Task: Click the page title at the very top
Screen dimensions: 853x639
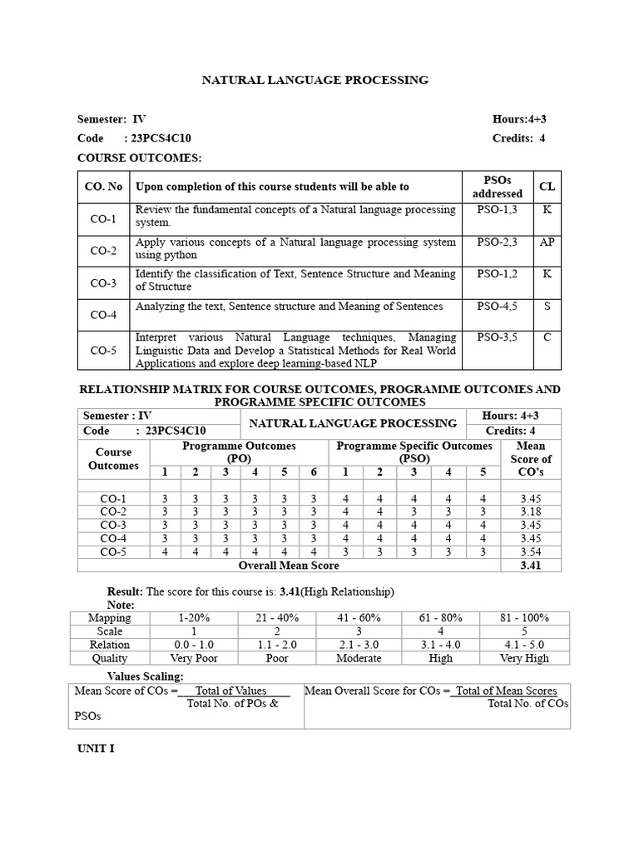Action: tap(315, 80)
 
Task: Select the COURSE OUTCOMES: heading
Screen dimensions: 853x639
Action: tap(140, 157)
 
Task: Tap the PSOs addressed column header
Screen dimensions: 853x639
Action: tap(498, 187)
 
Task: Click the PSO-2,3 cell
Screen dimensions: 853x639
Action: tap(498, 242)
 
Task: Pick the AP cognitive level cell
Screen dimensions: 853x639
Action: tap(547, 242)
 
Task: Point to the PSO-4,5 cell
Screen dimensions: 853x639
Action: tap(498, 306)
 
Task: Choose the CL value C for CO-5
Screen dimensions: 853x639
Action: tap(547, 337)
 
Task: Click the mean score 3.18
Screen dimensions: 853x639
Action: tap(531, 511)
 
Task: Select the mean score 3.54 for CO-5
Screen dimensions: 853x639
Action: tap(531, 551)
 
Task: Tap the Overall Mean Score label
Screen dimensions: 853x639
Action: tap(289, 566)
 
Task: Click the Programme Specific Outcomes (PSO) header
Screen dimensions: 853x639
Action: tap(414, 452)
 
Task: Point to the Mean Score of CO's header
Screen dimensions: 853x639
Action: tap(531, 459)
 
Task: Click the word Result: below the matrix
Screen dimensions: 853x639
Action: tap(125, 591)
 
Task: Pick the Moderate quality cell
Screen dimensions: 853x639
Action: tap(359, 657)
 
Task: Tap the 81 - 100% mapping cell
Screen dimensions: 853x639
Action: tap(525, 618)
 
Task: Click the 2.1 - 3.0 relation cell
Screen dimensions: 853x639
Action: tap(359, 644)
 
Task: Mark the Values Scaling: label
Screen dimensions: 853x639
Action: tap(146, 676)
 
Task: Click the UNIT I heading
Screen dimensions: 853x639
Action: tap(96, 748)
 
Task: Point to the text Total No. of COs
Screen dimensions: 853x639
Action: tap(528, 703)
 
